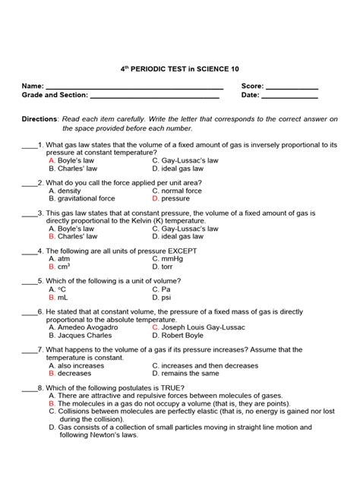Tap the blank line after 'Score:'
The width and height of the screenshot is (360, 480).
click(291, 88)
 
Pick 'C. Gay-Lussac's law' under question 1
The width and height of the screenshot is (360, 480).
click(185, 161)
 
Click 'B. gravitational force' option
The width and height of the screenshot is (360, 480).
click(82, 198)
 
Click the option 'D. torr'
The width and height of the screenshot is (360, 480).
click(165, 267)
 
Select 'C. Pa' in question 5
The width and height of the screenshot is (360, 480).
click(162, 289)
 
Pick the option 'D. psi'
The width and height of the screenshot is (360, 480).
click(163, 297)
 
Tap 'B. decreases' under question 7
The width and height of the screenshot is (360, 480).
click(71, 373)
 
